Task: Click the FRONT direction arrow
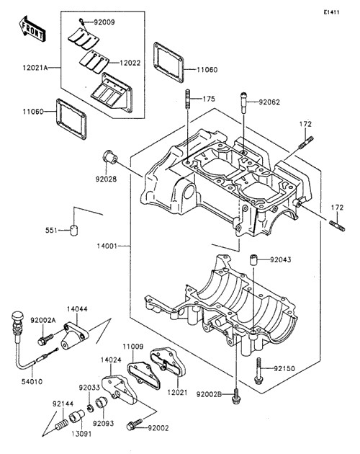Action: pos(32,29)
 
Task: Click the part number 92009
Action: pos(104,22)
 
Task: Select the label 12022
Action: pos(130,63)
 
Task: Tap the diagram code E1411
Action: pos(331,12)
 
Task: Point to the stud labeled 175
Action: pos(187,99)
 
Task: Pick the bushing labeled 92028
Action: pos(110,156)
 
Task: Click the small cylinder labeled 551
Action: pos(74,230)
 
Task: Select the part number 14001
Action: pos(107,246)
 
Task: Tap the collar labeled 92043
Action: pos(253,259)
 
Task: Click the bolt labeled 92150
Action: pos(258,371)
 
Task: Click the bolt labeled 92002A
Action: pos(46,339)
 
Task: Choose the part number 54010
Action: pos(32,382)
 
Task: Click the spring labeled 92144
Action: pos(61,425)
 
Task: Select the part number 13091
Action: pos(81,434)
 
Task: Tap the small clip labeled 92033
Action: pos(90,409)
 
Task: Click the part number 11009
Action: pos(132,347)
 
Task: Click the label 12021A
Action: pos(35,68)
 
